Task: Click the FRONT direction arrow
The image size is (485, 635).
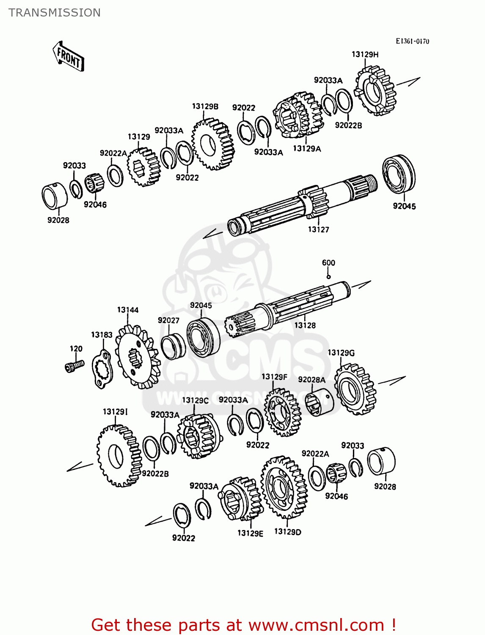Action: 68,56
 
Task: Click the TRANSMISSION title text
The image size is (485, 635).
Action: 55,13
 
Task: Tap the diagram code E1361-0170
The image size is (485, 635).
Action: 412,41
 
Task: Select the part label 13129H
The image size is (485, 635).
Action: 365,54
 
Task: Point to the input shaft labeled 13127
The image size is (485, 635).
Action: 296,203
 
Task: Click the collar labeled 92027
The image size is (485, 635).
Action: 173,346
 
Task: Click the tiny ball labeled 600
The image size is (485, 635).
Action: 328,277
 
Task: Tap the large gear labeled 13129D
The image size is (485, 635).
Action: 283,487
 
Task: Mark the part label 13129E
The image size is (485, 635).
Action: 250,533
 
